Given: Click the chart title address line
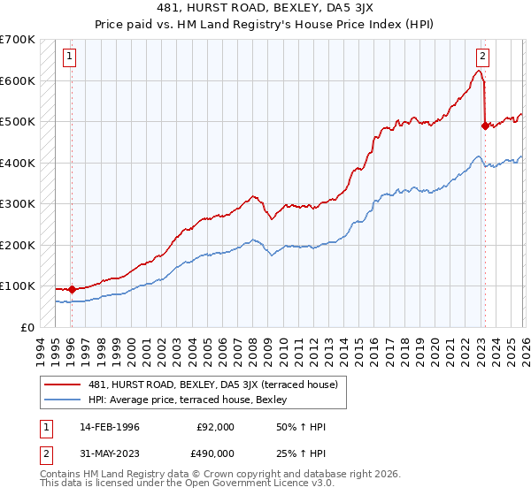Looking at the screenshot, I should point(265,8).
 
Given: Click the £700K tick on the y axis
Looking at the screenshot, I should point(18,40).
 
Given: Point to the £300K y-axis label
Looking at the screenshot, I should point(18,204).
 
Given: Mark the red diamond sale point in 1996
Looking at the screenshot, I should point(72,289).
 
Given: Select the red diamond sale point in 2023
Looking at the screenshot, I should point(484,126).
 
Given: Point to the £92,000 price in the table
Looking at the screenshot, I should point(215,427).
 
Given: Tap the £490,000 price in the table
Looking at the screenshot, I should point(215,456).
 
